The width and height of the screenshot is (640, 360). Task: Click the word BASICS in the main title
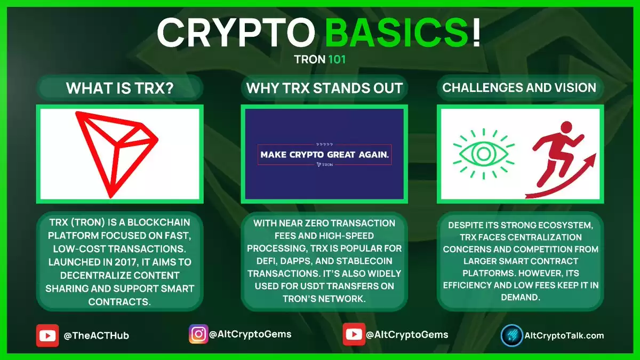[397, 32]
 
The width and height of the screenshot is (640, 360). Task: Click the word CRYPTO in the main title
[236, 33]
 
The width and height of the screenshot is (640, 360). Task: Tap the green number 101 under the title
[337, 59]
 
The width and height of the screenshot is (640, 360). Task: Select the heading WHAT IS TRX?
[119, 87]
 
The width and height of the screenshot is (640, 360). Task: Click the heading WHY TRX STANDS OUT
[324, 87]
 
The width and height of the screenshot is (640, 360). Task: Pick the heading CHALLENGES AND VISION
[519, 87]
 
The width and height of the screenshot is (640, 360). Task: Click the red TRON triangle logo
[117, 154]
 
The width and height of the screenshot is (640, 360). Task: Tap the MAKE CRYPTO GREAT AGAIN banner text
[325, 155]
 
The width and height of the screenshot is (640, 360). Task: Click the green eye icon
[484, 154]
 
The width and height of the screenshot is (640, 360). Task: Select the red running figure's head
[566, 127]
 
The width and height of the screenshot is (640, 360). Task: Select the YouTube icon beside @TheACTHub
[47, 335]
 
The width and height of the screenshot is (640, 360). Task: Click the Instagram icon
[198, 334]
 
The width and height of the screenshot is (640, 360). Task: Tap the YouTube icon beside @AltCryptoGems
[354, 334]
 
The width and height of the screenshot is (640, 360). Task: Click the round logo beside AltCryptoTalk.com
[511, 335]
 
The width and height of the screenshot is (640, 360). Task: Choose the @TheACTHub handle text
[97, 335]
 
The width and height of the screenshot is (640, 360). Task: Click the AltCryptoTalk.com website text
[564, 335]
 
